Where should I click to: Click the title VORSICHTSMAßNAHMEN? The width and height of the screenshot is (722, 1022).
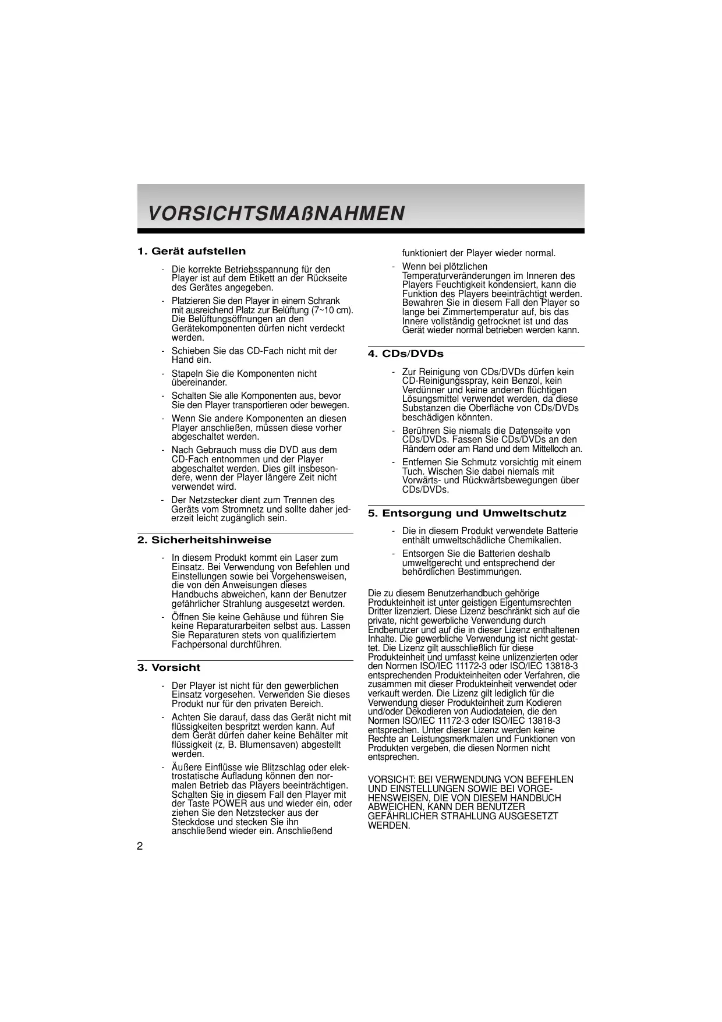(x=277, y=214)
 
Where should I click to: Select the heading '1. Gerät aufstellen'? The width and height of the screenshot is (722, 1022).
(x=192, y=252)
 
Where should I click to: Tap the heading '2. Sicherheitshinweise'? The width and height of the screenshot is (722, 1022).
(x=204, y=540)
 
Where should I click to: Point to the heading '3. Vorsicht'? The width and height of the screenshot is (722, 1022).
(x=169, y=668)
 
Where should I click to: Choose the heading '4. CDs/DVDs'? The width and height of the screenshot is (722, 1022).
(x=406, y=354)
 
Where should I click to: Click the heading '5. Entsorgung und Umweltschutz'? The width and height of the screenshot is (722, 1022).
(x=467, y=514)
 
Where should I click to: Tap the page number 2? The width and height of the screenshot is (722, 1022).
(x=140, y=846)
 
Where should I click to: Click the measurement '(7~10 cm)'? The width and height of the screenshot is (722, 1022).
(x=332, y=310)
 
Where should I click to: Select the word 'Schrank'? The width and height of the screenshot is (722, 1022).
(x=324, y=301)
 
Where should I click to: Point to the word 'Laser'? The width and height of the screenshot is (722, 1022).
(x=308, y=558)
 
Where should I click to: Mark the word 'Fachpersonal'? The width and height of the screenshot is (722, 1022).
(x=197, y=645)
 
